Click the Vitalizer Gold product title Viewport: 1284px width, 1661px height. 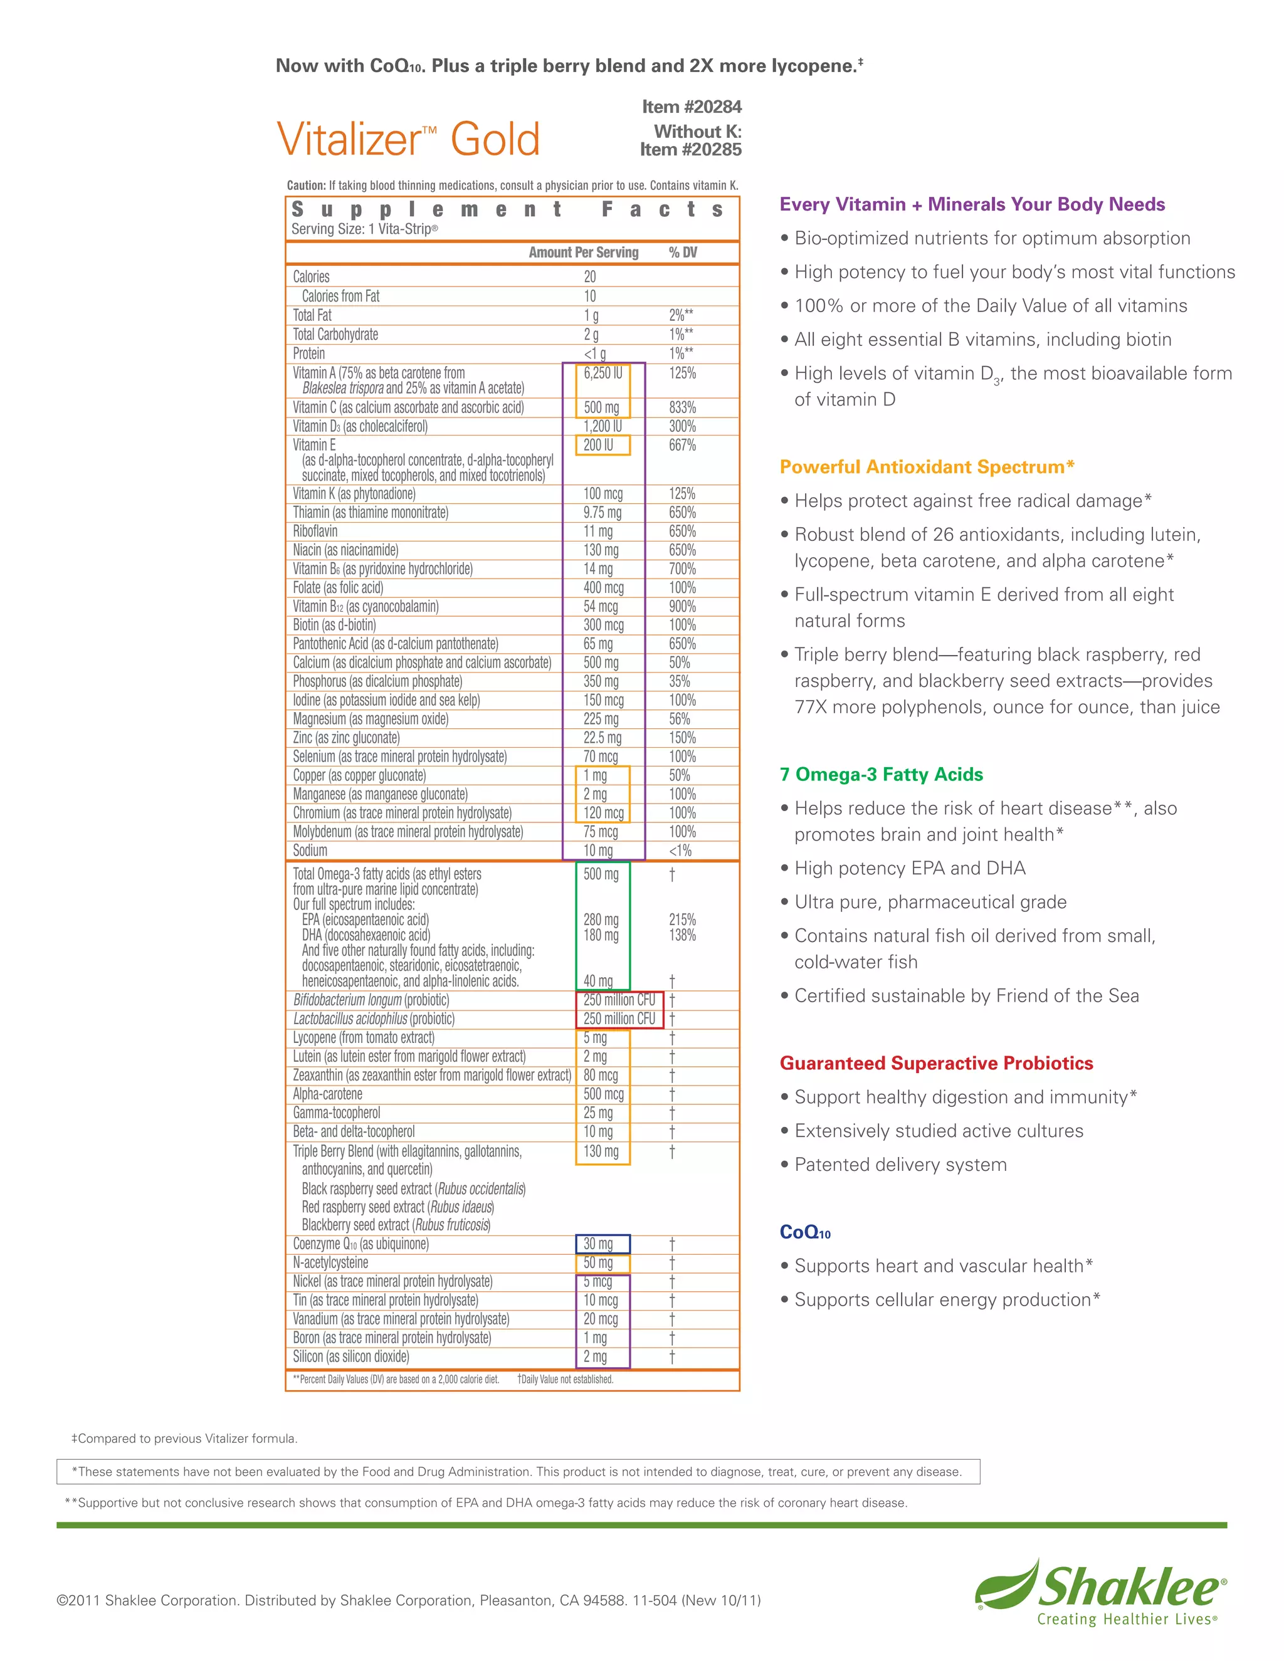pos(409,139)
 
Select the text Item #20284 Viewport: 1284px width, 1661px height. pos(692,107)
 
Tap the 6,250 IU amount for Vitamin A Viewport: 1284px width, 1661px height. pos(603,374)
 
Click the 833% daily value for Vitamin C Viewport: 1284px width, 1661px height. pos(682,407)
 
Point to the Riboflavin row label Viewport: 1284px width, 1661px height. pos(315,532)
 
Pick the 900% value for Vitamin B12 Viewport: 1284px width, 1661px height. pos(682,607)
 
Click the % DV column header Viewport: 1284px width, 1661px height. pos(682,253)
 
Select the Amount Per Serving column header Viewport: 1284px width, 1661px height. pos(584,253)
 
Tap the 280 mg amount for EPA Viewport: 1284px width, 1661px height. pos(601,920)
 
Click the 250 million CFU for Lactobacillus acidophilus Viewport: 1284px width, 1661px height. pos(619,1019)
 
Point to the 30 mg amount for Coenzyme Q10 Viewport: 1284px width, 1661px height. pos(598,1244)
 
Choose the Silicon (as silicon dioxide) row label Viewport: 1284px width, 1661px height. pos(350,1357)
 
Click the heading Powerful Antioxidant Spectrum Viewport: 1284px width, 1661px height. pos(927,467)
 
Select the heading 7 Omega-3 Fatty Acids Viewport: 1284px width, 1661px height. pos(881,774)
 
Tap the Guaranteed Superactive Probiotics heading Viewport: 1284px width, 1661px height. pos(935,1063)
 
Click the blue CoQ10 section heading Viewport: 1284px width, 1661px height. pos(805,1232)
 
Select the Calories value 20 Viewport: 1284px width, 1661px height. pos(589,277)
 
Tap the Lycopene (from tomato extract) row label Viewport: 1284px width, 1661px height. pos(364,1038)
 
